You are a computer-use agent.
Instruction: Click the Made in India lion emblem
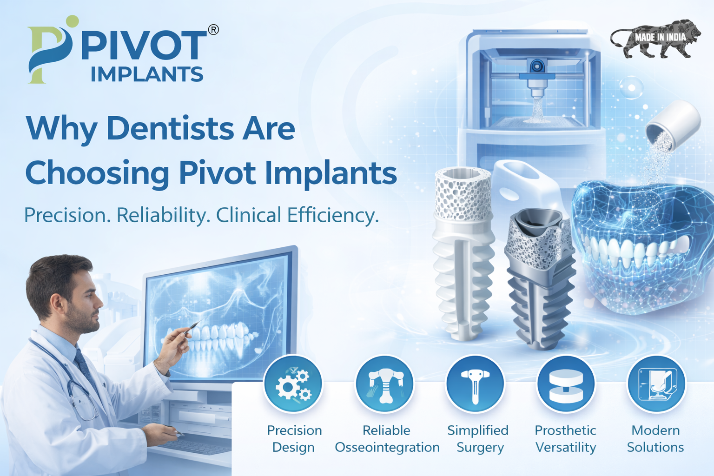pyautogui.click(x=655, y=38)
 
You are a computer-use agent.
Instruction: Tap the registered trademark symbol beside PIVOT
pyautogui.click(x=213, y=30)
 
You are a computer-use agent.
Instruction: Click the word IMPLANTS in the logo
pyautogui.click(x=147, y=74)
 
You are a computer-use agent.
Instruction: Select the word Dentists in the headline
pyautogui.click(x=171, y=128)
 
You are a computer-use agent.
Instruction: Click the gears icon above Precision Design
pyautogui.click(x=293, y=384)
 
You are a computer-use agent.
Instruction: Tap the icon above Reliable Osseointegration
pyautogui.click(x=385, y=384)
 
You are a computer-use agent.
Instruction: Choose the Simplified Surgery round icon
pyautogui.click(x=475, y=384)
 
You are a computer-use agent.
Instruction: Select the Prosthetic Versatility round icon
pyautogui.click(x=566, y=384)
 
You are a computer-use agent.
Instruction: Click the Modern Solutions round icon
pyautogui.click(x=656, y=384)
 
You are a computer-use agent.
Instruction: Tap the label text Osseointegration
pyautogui.click(x=387, y=447)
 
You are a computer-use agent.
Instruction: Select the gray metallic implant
pyautogui.click(x=539, y=284)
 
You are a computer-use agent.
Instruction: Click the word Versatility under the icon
pyautogui.click(x=566, y=447)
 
